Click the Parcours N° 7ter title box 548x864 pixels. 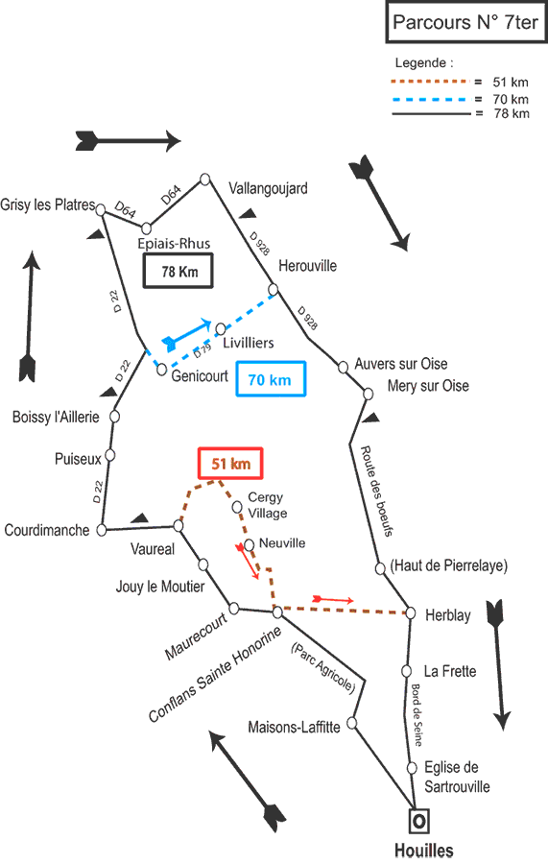pos(465,22)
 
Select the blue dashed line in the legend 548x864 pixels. pos(430,99)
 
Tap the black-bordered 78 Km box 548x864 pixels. pos(179,271)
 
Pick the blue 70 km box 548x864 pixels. pos(271,379)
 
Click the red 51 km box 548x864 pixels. pos(230,464)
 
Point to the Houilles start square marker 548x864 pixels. pos(419,821)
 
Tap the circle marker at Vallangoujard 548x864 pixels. pos(204,180)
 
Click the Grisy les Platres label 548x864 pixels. pos(48,205)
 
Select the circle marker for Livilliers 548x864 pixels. pos(221,329)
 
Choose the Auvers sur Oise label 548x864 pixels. pos(401,364)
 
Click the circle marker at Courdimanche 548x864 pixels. pos(102,530)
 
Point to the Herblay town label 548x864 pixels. pos(448,615)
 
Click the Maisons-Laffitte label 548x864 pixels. pos(294,728)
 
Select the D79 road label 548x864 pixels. pos(203,350)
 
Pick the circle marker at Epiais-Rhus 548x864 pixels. pos(146,228)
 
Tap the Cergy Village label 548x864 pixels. pos(267,505)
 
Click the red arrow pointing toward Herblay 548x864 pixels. pos(333,599)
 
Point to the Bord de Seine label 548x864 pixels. pos(417,715)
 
